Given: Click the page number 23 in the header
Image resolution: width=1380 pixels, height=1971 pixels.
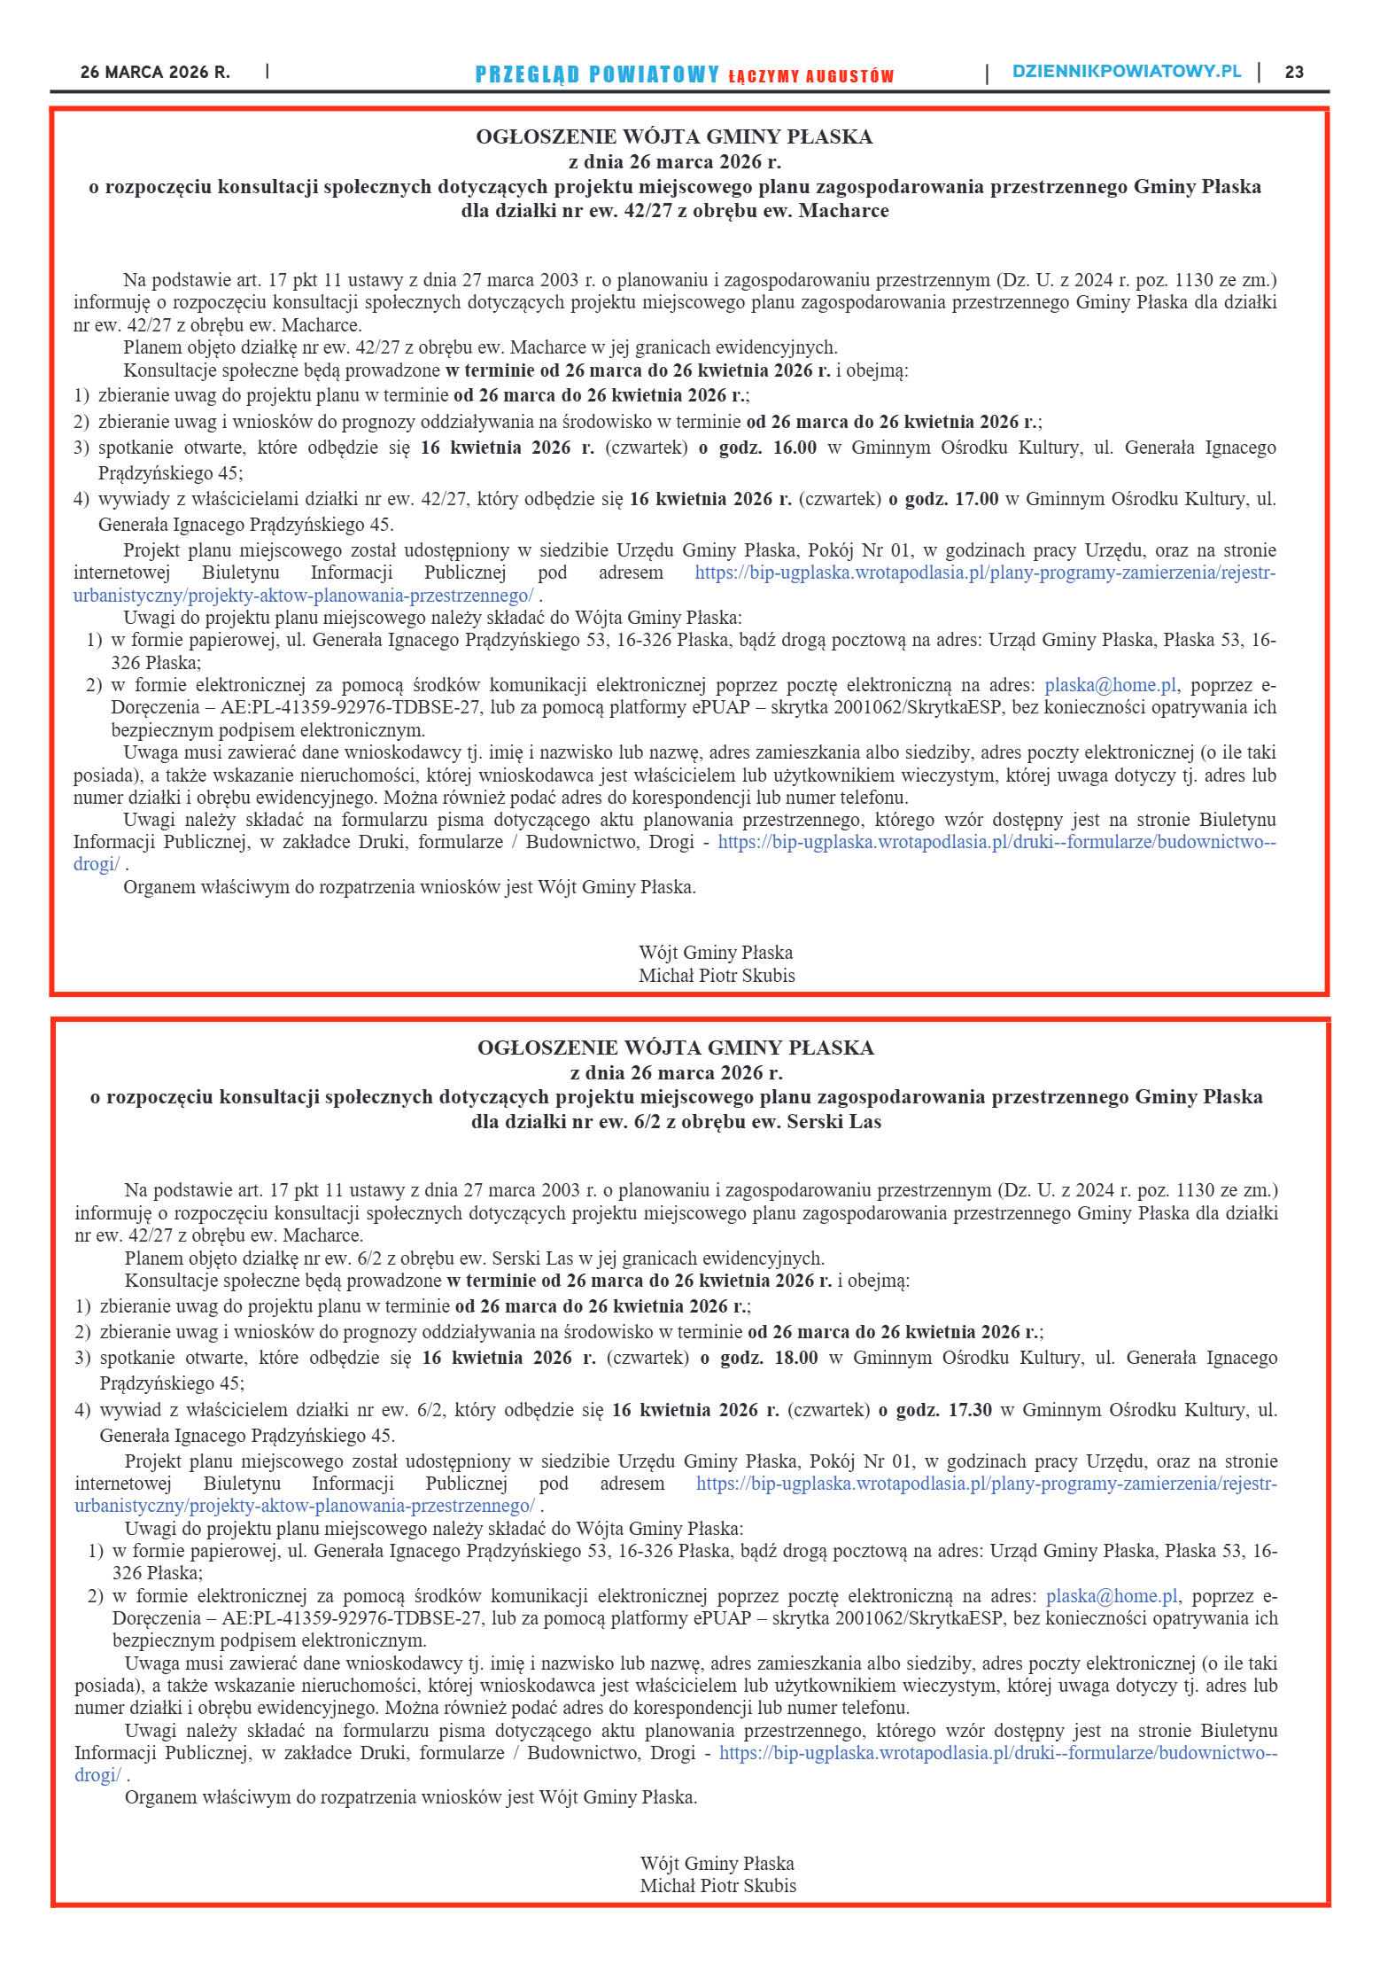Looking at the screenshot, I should pyautogui.click(x=1294, y=73).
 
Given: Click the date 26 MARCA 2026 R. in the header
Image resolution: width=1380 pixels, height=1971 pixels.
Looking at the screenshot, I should pyautogui.click(x=155, y=73).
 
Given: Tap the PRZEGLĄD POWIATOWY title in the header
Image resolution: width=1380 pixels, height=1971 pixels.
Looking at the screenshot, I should pyautogui.click(x=597, y=74).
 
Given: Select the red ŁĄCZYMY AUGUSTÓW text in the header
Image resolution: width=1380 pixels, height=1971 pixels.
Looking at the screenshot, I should pyautogui.click(x=810, y=76).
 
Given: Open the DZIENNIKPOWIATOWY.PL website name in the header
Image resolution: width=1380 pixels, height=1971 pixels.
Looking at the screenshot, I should pyautogui.click(x=1127, y=72).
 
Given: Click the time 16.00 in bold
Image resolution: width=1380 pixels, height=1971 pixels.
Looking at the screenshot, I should pyautogui.click(x=795, y=448).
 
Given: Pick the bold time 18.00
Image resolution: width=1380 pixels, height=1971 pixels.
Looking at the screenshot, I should pyautogui.click(x=796, y=1358).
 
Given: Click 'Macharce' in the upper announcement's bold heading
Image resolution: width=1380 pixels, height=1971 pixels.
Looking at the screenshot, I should pyautogui.click(x=843, y=211).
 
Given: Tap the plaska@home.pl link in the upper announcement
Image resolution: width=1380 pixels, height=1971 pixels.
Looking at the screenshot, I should pyautogui.click(x=1111, y=685).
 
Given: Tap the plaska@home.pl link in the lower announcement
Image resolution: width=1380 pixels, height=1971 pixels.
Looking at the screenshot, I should pyautogui.click(x=1112, y=1595).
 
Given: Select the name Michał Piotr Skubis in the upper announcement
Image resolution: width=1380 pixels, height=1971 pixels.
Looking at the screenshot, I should pyautogui.click(x=717, y=975).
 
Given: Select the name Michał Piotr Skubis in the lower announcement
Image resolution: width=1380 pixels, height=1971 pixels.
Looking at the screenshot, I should pyautogui.click(x=717, y=1885).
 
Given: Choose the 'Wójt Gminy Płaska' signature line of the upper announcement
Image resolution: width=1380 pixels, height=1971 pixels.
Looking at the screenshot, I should pyautogui.click(x=716, y=953).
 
